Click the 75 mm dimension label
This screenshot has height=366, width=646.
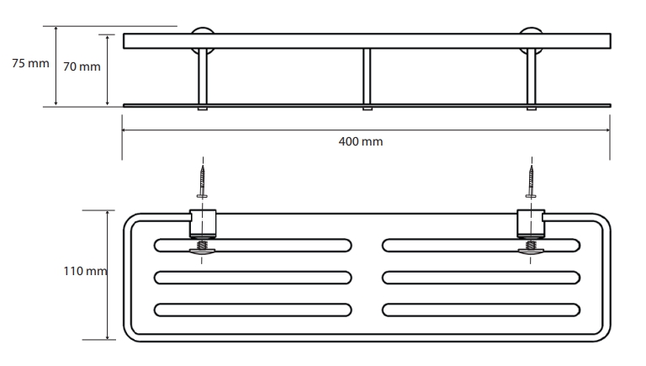[x=30, y=63]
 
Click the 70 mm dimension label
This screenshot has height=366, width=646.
[x=82, y=66]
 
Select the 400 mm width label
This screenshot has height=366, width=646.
[x=361, y=142]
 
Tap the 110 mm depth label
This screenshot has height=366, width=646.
[x=85, y=271]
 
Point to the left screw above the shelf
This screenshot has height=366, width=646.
[x=202, y=182]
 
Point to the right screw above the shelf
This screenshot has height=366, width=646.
[x=531, y=182]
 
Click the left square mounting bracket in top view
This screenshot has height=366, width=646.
[x=203, y=224]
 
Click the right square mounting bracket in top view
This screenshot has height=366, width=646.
[x=531, y=224]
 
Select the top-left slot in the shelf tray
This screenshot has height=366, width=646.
[x=253, y=245]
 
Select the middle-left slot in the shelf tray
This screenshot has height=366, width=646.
[x=253, y=278]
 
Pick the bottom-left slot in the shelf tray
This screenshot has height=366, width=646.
[x=253, y=310]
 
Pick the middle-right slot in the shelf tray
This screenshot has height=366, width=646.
[x=481, y=278]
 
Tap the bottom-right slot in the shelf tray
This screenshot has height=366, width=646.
[x=481, y=310]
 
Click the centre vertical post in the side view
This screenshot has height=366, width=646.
[x=367, y=79]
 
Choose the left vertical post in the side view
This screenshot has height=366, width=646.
[x=203, y=79]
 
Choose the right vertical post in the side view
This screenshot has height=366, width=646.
[x=532, y=79]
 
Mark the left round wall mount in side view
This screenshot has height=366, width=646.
[x=202, y=40]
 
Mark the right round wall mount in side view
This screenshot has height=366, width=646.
[x=531, y=40]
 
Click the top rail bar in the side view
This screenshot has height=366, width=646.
[x=367, y=41]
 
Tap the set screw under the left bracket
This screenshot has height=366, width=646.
[x=202, y=247]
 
